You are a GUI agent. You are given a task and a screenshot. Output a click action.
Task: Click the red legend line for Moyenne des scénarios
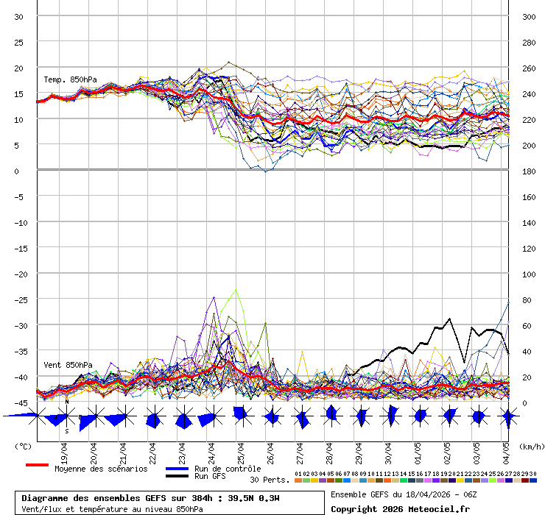[37, 465]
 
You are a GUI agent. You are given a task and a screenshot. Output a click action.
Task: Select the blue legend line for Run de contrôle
[177, 469]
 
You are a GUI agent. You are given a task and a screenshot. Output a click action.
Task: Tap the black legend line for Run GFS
[177, 476]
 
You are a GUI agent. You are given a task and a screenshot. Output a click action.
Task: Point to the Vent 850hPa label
[68, 365]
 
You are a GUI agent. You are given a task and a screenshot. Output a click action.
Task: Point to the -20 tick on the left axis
[20, 274]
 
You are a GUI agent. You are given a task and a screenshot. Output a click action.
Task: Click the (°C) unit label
[23, 446]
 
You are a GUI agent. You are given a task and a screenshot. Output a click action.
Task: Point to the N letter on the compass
[66, 402]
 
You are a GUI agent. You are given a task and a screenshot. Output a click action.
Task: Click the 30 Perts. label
[269, 480]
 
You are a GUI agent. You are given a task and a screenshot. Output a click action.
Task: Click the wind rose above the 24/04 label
[209, 417]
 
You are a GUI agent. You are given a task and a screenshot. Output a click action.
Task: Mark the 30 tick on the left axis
[20, 16]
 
